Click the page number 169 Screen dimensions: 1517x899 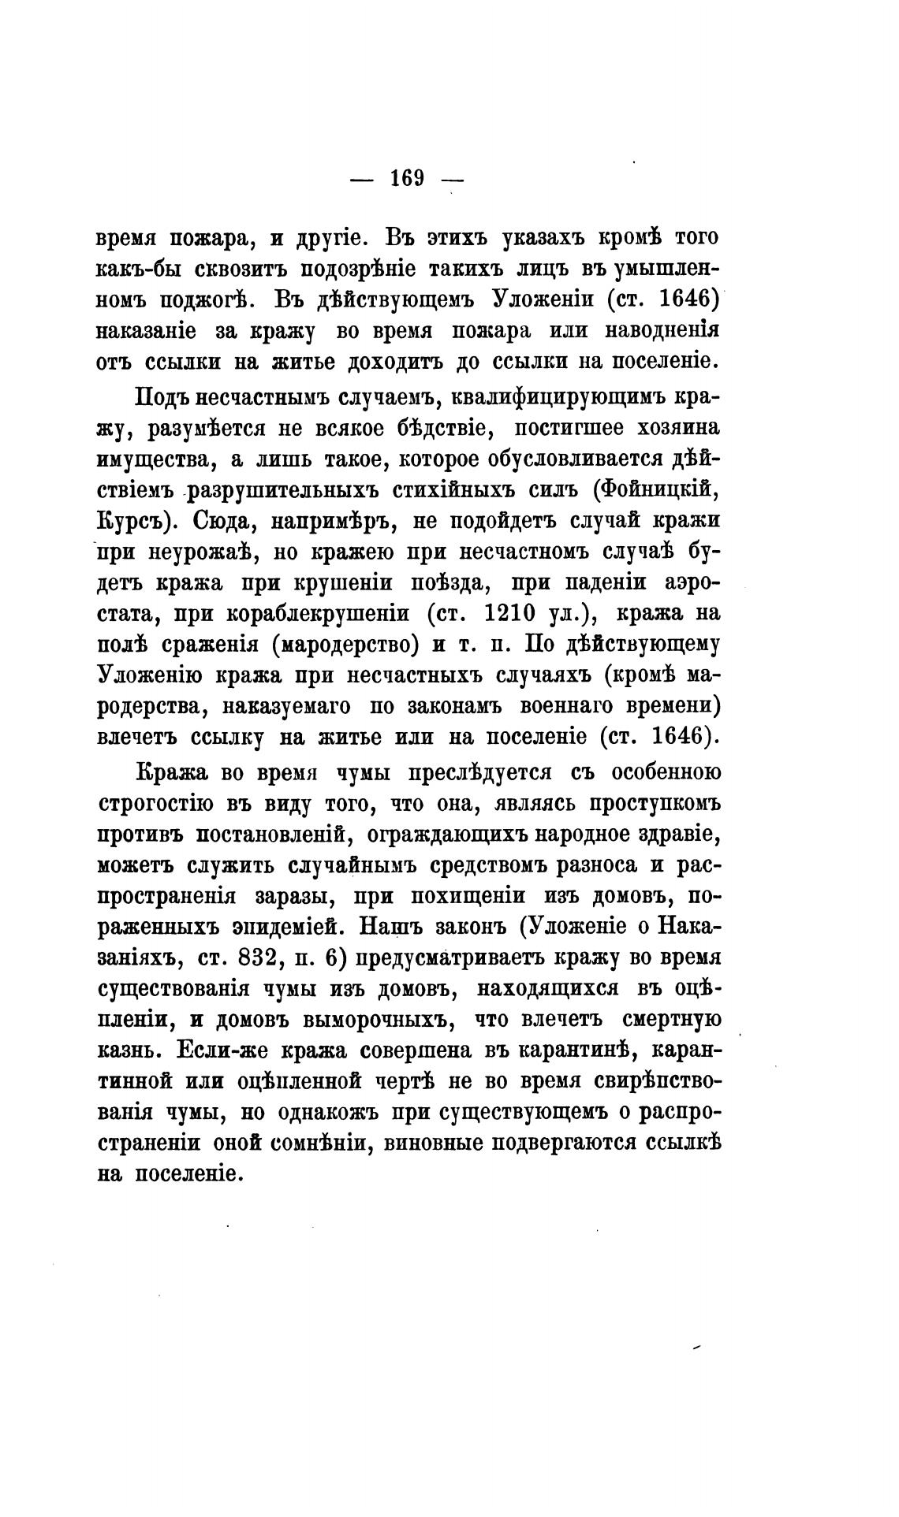tap(407, 178)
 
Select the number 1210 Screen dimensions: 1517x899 tap(536, 612)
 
